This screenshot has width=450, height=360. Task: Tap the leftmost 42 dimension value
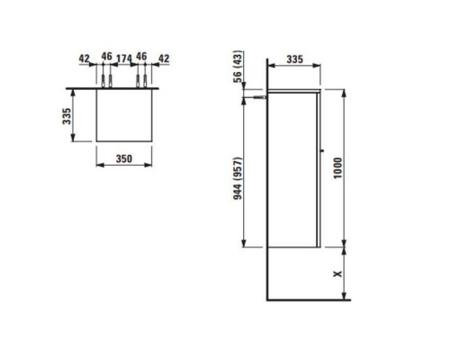(x=84, y=59)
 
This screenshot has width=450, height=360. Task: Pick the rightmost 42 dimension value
(x=164, y=59)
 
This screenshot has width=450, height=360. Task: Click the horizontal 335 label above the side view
(x=294, y=59)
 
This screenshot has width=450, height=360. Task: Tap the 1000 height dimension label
(x=337, y=168)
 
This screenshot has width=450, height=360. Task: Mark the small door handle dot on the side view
(x=321, y=149)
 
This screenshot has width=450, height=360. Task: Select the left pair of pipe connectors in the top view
(x=106, y=83)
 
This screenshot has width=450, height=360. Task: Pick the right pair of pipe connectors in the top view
(x=141, y=83)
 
